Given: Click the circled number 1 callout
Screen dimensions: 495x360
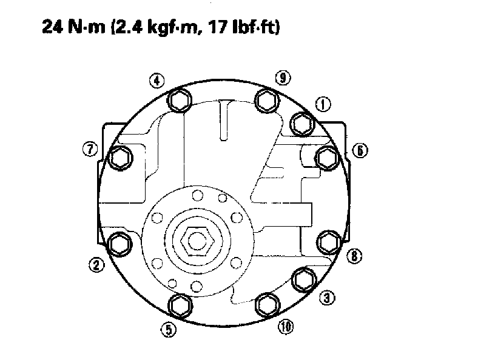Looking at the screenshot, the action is (x=323, y=104).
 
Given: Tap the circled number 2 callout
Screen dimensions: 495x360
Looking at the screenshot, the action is (x=96, y=264).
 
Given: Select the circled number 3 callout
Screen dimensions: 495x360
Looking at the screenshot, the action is (x=327, y=298).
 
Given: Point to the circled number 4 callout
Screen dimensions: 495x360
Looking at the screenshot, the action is (x=157, y=81).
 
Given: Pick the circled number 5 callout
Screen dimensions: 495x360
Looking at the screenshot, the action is (x=169, y=330).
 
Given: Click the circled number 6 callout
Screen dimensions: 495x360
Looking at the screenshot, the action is (x=360, y=150).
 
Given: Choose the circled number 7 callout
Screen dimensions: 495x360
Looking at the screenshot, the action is (x=90, y=149).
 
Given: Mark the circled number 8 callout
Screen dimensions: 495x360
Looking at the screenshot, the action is (x=354, y=256).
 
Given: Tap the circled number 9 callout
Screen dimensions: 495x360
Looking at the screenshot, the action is (x=283, y=78).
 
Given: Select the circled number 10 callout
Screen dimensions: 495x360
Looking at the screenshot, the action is (x=286, y=327).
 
